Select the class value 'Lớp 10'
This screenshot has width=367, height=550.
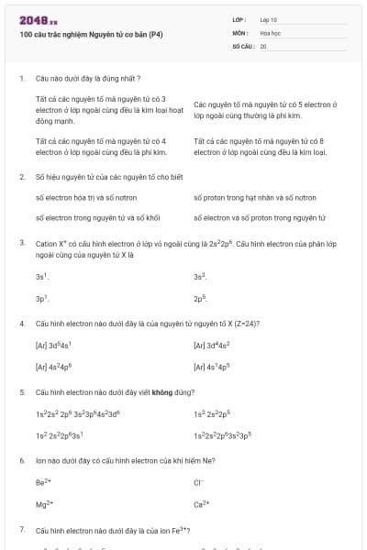[x=268, y=18]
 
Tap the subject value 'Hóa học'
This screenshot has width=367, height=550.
[x=270, y=31]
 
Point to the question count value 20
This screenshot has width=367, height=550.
[x=262, y=45]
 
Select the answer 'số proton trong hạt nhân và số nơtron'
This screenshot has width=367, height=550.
[x=254, y=197]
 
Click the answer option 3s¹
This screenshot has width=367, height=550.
[x=41, y=276]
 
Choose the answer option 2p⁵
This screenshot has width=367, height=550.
[x=199, y=298]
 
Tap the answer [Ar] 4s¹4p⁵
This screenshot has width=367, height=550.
[x=212, y=367]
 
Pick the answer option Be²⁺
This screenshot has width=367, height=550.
[x=43, y=481]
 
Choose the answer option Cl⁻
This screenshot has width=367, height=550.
[x=198, y=481]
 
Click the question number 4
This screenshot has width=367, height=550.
[x=22, y=324]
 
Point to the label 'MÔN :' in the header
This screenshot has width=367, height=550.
[x=240, y=31]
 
